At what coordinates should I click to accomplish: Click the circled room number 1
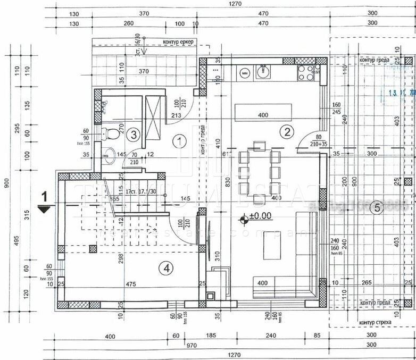pyautogui.click(x=180, y=141)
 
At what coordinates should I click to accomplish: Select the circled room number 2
pyautogui.click(x=287, y=132)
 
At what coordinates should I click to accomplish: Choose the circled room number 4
pyautogui.click(x=167, y=269)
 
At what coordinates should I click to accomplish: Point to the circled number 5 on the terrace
pyautogui.click(x=377, y=207)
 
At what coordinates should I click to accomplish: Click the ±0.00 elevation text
pyautogui.click(x=260, y=216)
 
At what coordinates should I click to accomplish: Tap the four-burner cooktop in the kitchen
pyautogui.click(x=306, y=72)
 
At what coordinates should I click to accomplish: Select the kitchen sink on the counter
pyautogui.click(x=262, y=71)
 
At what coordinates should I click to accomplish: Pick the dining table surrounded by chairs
pyautogui.click(x=260, y=171)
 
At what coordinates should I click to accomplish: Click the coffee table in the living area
pyautogui.click(x=272, y=246)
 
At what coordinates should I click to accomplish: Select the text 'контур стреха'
pyautogui.click(x=376, y=323)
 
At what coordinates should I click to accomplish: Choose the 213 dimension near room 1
pyautogui.click(x=176, y=115)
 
